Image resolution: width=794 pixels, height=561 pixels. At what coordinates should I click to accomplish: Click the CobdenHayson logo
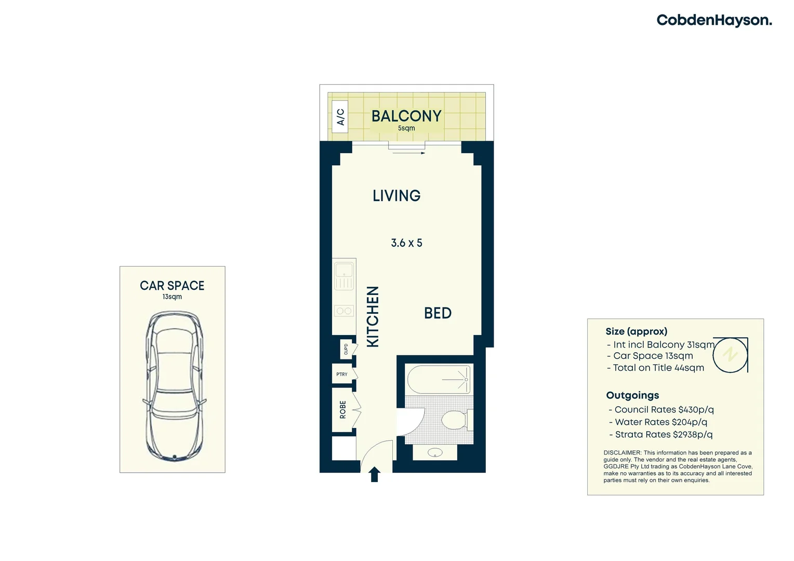(714, 20)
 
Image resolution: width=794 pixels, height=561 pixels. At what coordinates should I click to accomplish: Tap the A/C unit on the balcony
(340, 117)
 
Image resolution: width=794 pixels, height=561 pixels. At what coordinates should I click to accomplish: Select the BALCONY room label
(406, 116)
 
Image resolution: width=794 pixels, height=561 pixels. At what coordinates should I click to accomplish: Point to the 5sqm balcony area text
(406, 128)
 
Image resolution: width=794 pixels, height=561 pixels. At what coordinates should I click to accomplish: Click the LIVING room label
(396, 196)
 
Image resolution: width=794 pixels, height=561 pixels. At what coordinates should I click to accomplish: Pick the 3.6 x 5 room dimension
(406, 243)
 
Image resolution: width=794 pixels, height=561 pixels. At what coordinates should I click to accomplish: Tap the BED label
(438, 313)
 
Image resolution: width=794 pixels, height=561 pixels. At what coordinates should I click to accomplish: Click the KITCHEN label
(373, 316)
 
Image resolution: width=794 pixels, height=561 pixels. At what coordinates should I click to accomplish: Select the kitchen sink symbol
(344, 276)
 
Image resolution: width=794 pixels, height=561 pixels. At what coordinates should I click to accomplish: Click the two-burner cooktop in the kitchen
(344, 311)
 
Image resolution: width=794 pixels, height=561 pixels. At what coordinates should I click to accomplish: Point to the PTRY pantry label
(342, 374)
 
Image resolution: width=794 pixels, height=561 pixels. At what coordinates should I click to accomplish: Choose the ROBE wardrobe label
(343, 409)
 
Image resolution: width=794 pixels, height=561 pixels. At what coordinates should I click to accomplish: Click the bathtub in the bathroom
(439, 380)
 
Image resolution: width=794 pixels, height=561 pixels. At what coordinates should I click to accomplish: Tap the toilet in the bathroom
(456, 420)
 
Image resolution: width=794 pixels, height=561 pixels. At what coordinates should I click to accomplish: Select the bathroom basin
(435, 452)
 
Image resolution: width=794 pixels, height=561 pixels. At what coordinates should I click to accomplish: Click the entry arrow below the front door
(374, 474)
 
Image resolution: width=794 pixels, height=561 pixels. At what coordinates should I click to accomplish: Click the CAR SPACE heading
(172, 286)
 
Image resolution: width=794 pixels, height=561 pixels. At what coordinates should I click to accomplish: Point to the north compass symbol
(730, 355)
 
